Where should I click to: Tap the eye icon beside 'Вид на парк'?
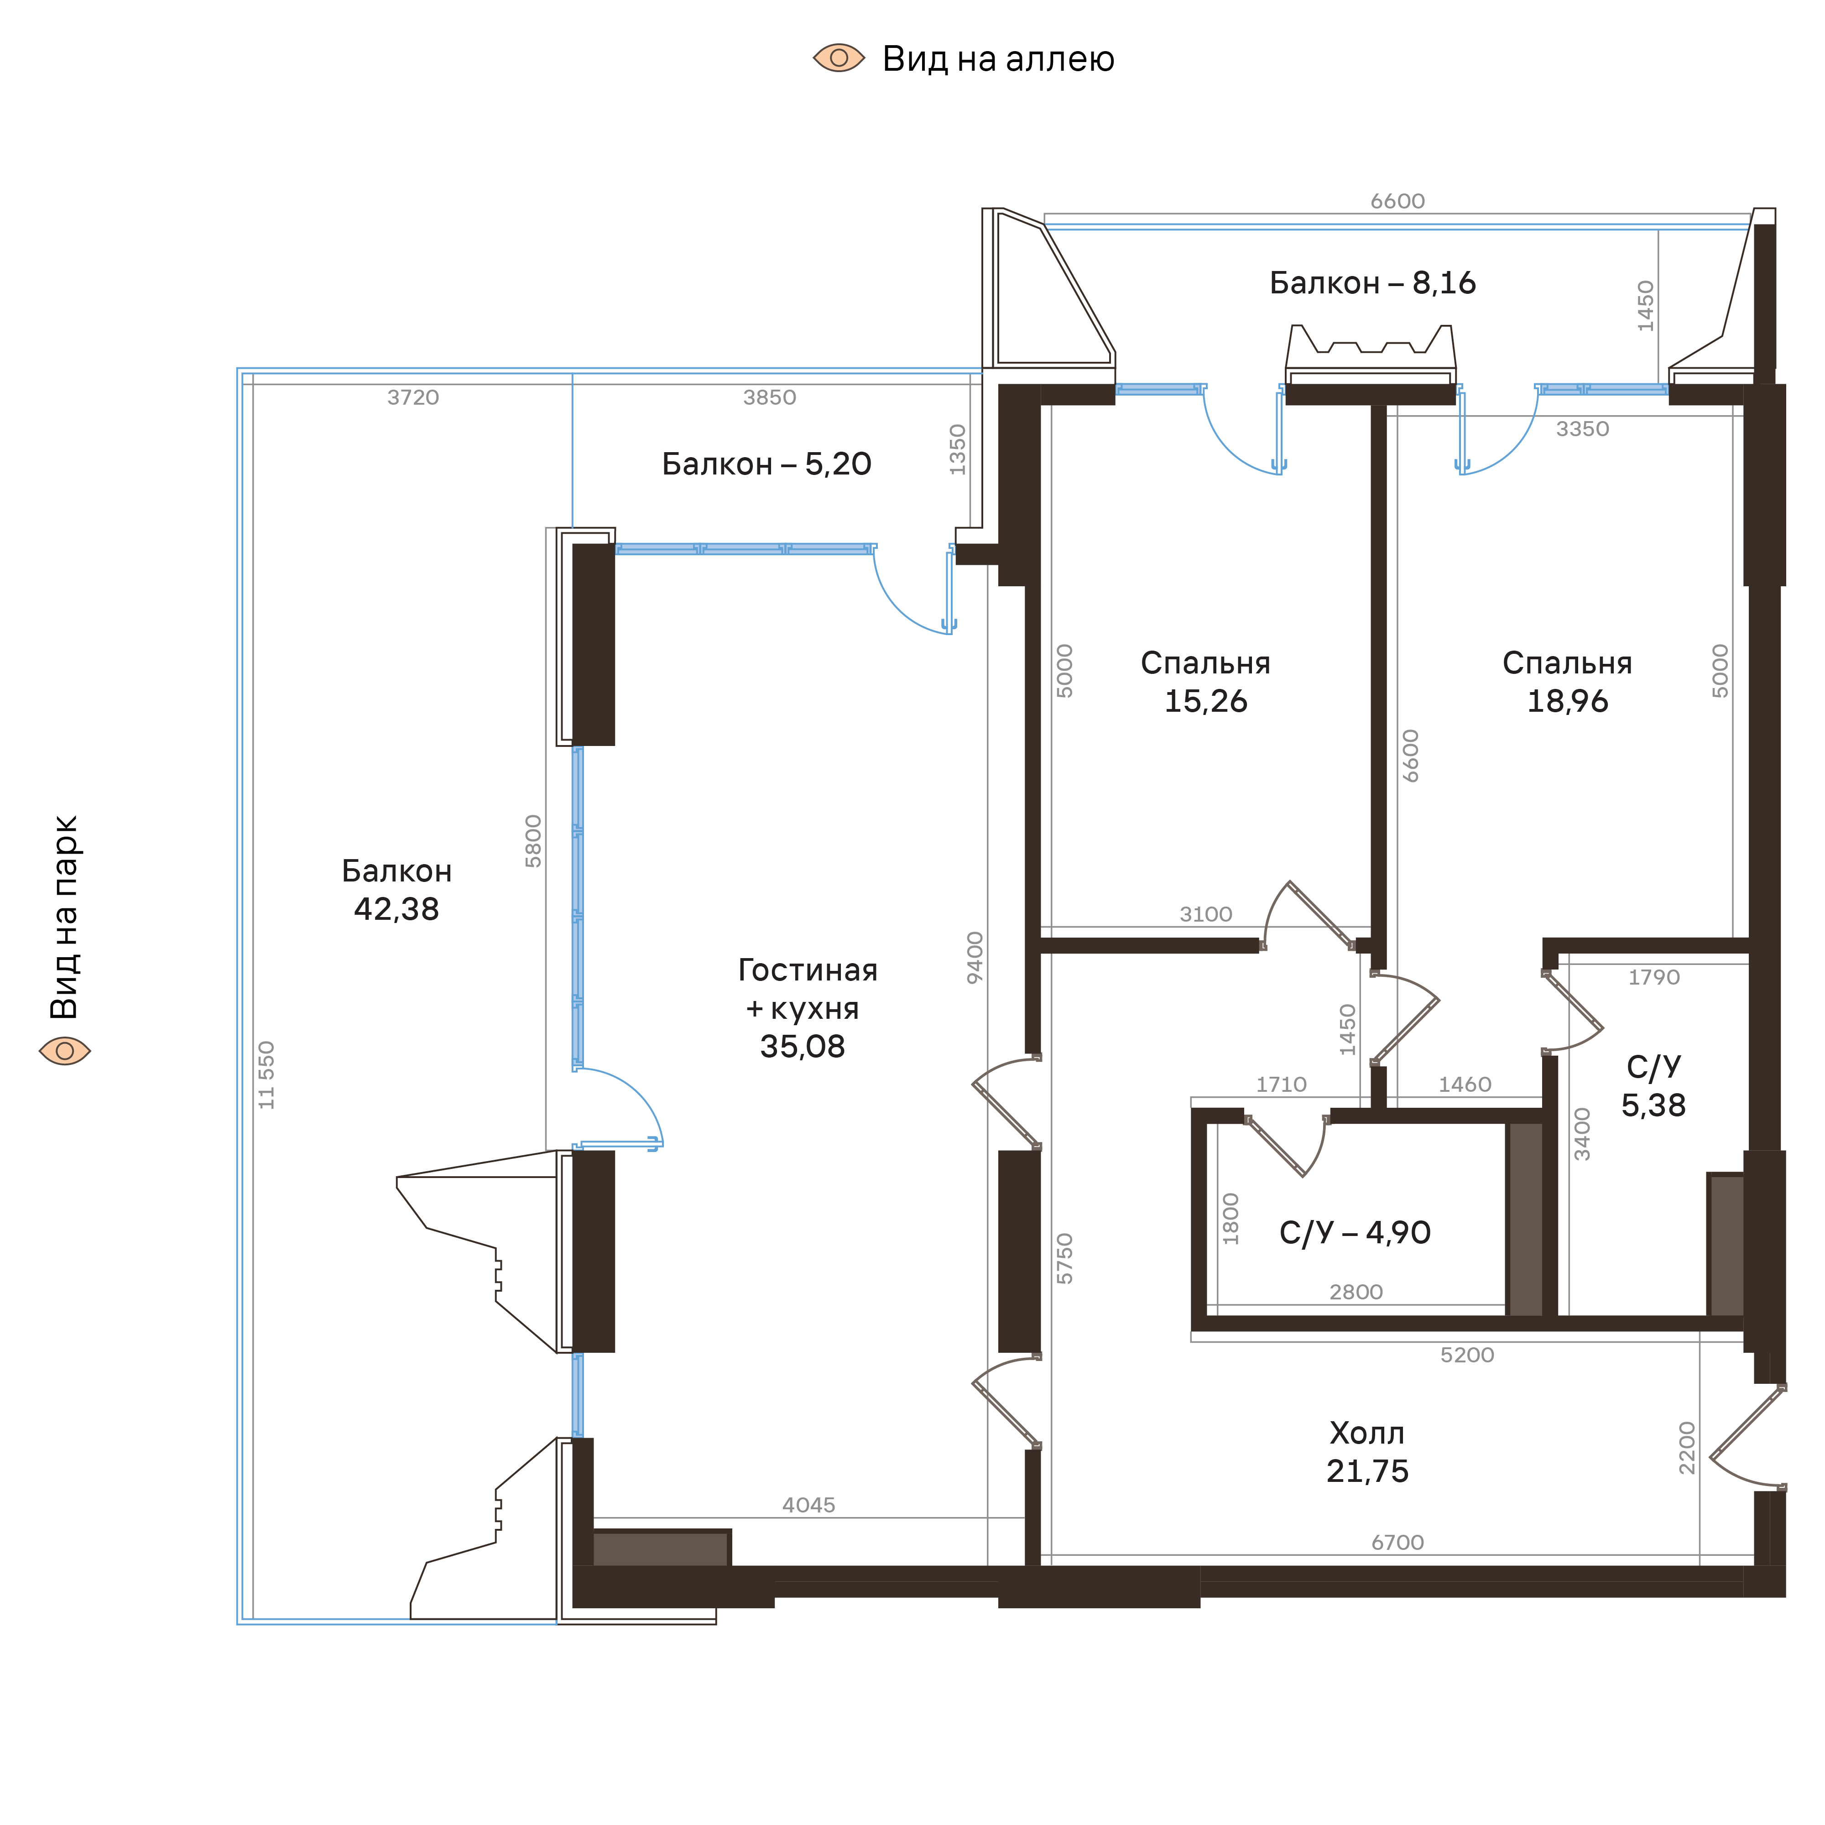64,1050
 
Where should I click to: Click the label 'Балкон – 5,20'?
766,464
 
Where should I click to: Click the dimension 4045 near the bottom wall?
808,1505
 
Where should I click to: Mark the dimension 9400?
975,957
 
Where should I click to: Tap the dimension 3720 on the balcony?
413,398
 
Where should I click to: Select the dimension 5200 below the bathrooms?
1467,1355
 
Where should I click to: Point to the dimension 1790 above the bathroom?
1653,977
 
